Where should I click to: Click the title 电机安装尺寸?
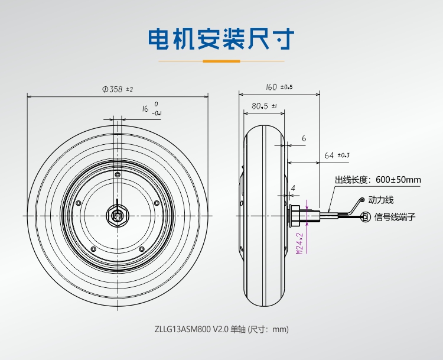[x=221, y=39]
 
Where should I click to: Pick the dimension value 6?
[x=304, y=138]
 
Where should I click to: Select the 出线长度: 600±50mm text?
[x=377, y=180]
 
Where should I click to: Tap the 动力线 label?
[x=381, y=200]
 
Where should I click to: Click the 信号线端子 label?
[x=395, y=217]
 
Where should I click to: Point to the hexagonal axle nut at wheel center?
[x=118, y=215]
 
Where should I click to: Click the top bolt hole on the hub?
[x=118, y=176]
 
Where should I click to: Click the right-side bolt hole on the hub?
[x=157, y=202]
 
